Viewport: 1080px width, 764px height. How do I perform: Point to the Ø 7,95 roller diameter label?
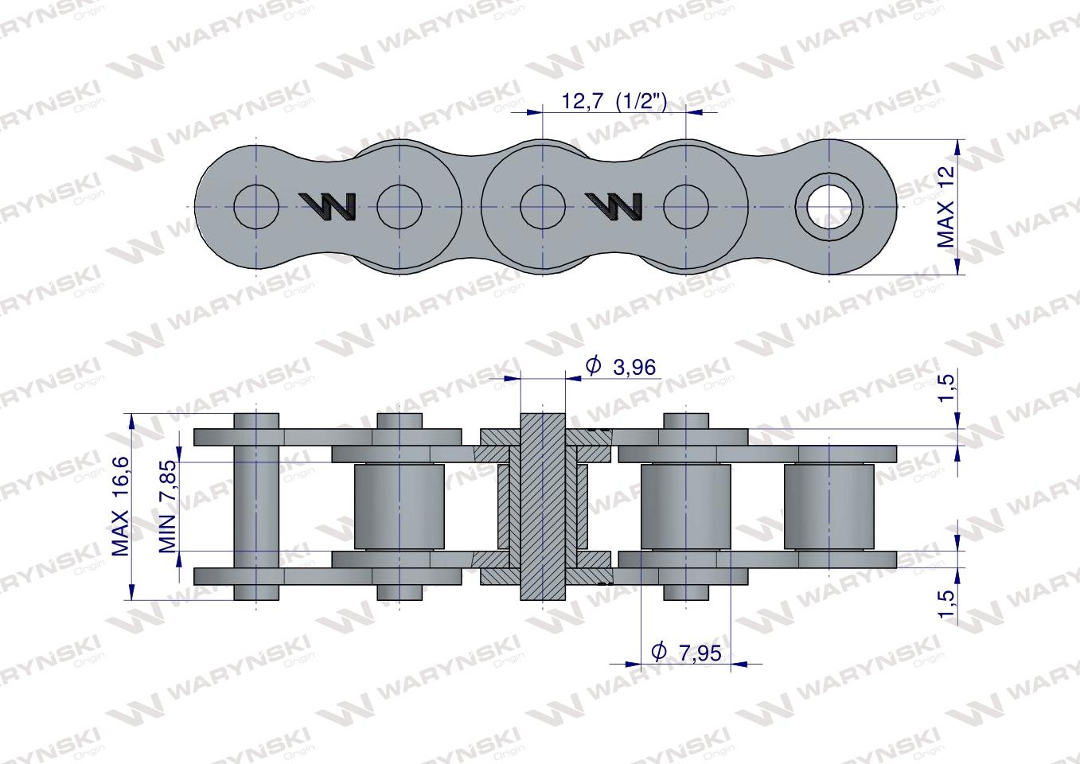point(685,653)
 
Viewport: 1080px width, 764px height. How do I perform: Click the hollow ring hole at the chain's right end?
point(830,206)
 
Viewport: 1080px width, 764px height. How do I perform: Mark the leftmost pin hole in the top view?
point(256,207)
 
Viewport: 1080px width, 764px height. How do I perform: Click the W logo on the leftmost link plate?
point(328,207)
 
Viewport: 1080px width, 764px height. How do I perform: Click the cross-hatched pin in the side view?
point(543,506)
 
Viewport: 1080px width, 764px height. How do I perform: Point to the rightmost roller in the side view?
point(829,506)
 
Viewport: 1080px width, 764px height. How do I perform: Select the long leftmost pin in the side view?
point(256,506)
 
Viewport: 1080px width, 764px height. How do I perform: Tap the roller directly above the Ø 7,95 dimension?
point(685,506)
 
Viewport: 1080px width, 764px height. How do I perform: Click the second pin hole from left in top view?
point(400,207)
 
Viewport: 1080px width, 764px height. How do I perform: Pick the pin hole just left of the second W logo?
point(543,207)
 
